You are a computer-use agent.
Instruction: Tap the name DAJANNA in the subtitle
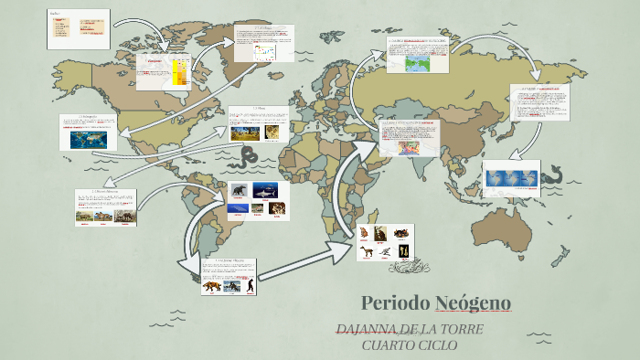pyautogui.click(x=366, y=329)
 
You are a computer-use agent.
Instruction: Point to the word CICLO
pyautogui.click(x=438, y=344)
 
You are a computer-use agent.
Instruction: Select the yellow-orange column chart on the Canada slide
pyautogui.click(x=179, y=72)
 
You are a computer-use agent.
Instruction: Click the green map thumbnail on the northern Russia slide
pyautogui.click(x=418, y=62)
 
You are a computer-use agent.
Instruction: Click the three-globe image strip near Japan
pyautogui.click(x=512, y=179)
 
